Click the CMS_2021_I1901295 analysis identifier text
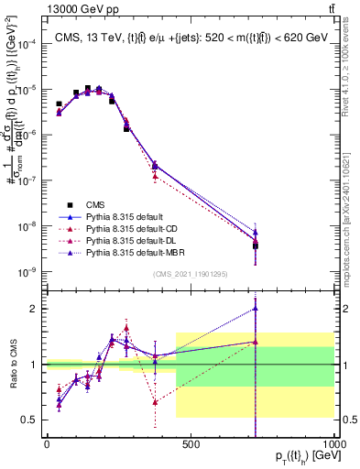coord(191,274)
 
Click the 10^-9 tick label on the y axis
coord(27,271)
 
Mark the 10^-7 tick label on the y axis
coord(27,180)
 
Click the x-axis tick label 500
coord(191,444)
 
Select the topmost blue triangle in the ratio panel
coord(256,308)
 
